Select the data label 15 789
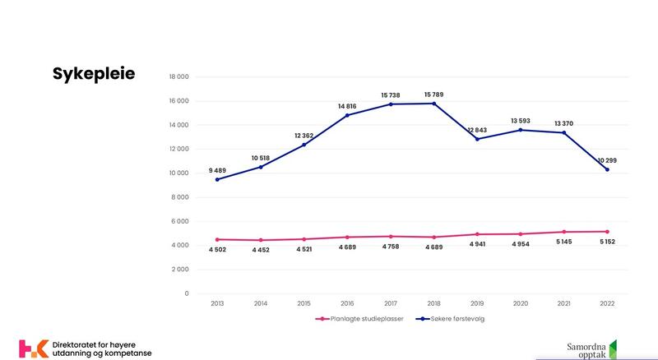433,95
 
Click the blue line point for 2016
347,115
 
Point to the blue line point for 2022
608,169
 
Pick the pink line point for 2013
217,239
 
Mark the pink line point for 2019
477,234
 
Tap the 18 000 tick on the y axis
178,77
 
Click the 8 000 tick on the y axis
179,197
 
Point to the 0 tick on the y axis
187,293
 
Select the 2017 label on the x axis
391,303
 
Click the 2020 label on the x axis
521,303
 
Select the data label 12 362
304,135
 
